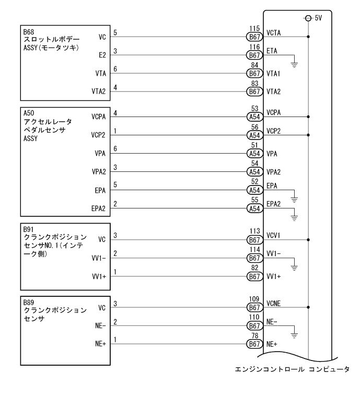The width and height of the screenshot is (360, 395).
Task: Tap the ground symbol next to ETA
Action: [x=295, y=60]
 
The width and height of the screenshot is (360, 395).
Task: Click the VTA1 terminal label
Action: [x=273, y=74]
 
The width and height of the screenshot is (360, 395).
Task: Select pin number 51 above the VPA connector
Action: [x=255, y=147]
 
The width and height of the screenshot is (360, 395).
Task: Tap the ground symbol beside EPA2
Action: [x=295, y=215]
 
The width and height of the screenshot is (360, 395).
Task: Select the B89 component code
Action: [x=28, y=301]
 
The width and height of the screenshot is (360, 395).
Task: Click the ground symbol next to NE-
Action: [x=295, y=335]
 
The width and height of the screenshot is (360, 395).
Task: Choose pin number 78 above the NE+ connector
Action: [x=255, y=338]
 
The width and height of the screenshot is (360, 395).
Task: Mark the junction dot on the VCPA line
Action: [x=309, y=117]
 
